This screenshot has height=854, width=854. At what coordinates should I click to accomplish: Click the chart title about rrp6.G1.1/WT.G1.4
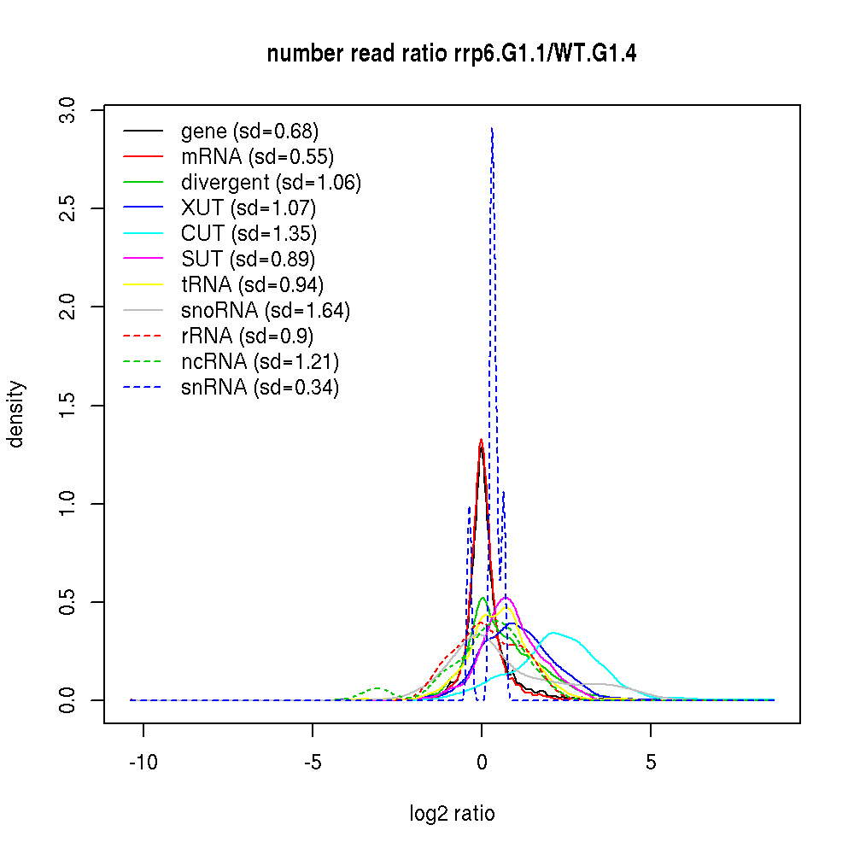click(x=452, y=54)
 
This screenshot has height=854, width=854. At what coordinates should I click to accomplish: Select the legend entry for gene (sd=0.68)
click(x=249, y=132)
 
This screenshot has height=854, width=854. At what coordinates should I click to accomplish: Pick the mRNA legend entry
click(x=257, y=157)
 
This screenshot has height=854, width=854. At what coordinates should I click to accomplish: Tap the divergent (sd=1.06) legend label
click(x=271, y=183)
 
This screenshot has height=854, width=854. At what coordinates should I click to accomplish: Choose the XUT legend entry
click(x=249, y=208)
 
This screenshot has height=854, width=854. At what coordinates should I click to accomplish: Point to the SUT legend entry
click(x=249, y=260)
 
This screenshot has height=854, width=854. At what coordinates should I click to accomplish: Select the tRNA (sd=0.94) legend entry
click(x=253, y=285)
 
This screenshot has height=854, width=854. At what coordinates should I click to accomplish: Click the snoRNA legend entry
click(x=266, y=311)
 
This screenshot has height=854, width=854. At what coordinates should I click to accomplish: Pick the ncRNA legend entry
click(x=260, y=362)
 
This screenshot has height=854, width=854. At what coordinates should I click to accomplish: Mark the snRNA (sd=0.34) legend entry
click(x=260, y=388)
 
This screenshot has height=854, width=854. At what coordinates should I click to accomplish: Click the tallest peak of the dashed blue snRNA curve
click(x=492, y=129)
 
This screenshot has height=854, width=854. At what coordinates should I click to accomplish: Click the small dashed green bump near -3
click(x=378, y=688)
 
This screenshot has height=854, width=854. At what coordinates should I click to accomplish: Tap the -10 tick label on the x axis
click(x=143, y=762)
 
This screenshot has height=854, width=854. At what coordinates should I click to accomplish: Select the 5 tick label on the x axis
click(x=651, y=762)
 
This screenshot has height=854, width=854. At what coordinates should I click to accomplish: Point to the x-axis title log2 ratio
click(x=452, y=814)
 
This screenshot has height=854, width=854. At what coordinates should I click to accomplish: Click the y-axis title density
click(x=16, y=414)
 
